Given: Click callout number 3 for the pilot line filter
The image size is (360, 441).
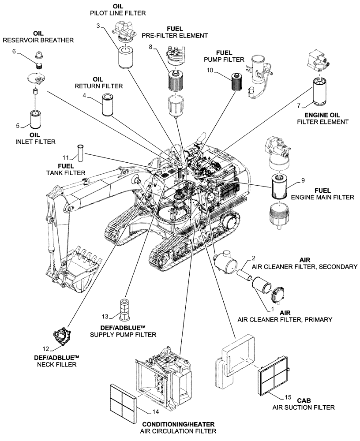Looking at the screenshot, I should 98,26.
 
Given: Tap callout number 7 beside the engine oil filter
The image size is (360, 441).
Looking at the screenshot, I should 299,106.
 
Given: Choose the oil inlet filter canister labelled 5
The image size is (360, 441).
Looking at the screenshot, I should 35,120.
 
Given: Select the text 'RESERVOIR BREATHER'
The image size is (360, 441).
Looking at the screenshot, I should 38,40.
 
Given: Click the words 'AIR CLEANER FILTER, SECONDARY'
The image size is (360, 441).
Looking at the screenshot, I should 307,267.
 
